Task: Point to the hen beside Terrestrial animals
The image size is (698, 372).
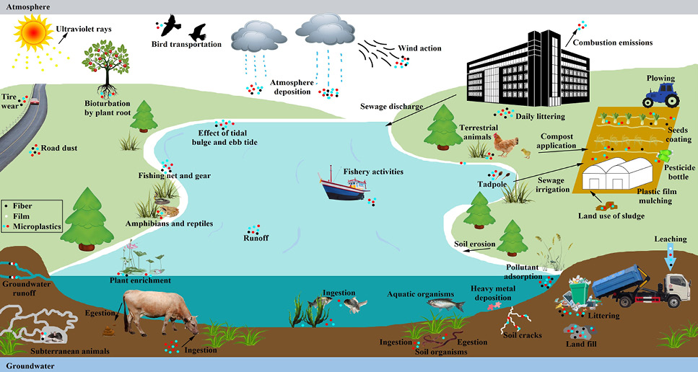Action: pos(505,144)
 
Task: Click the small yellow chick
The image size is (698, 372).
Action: pos(526,154)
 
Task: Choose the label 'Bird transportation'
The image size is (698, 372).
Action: pos(186,45)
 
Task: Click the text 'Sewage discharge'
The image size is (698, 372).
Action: pos(392,107)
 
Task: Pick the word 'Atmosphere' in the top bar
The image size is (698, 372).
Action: pos(27,7)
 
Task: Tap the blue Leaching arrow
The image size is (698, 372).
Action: pos(671,258)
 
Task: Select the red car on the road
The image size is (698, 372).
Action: pos(34,101)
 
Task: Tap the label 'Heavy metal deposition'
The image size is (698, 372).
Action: pos(493,293)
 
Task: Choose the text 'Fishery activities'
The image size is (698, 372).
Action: pos(373,172)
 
